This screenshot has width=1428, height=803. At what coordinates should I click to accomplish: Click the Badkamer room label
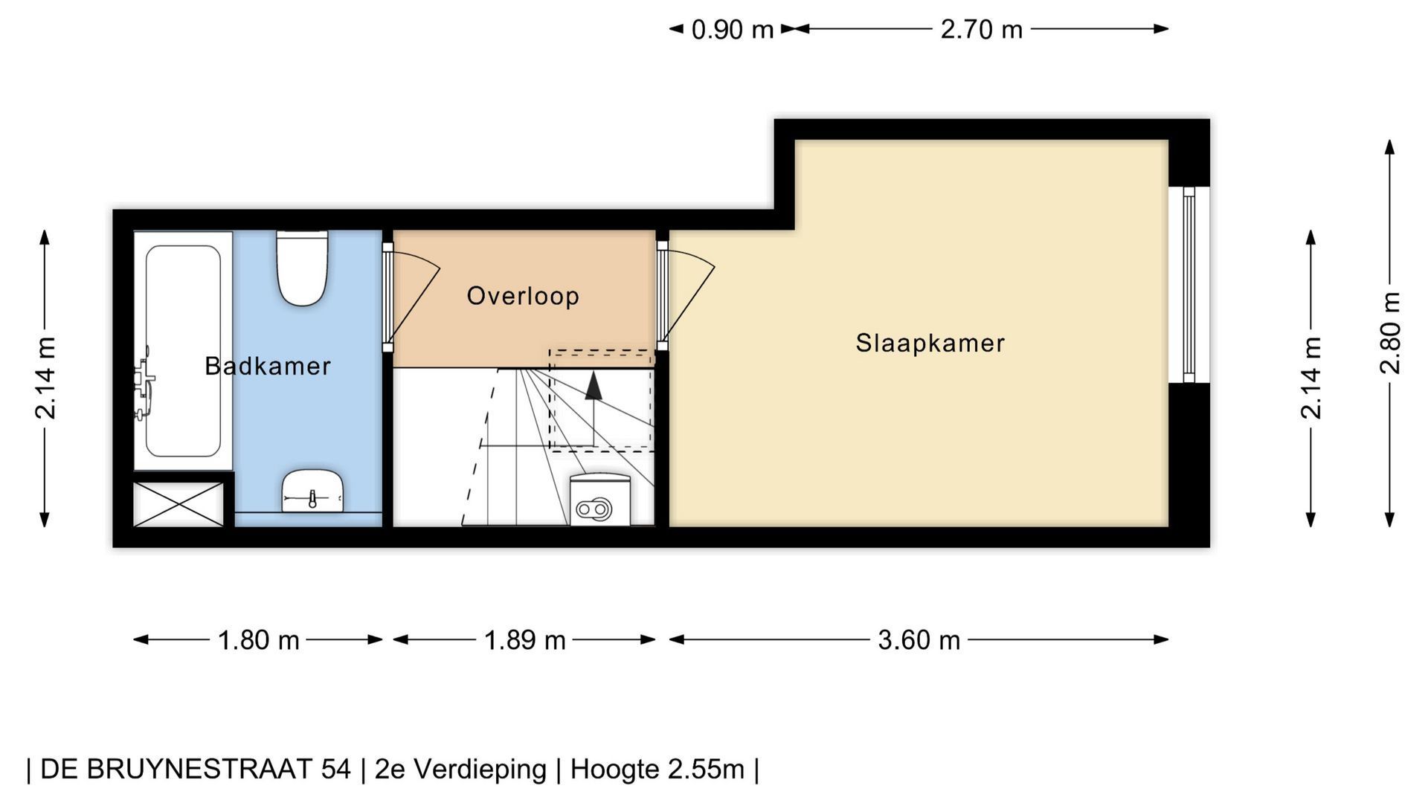(x=268, y=366)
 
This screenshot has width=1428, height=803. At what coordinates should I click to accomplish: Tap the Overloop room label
(x=523, y=296)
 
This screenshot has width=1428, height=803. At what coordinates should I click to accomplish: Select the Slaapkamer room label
(x=930, y=343)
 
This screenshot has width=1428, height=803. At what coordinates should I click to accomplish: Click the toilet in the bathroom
(x=302, y=268)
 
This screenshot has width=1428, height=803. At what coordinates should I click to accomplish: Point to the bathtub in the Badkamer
(x=183, y=351)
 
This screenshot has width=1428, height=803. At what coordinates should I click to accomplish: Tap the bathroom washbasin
(x=312, y=491)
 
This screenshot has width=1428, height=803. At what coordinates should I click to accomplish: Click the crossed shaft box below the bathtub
(x=178, y=504)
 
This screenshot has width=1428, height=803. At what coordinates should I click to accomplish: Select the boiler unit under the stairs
(x=600, y=500)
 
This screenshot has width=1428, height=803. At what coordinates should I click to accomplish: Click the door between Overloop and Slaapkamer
(x=684, y=296)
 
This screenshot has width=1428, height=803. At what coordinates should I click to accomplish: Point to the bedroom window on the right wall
(x=1189, y=285)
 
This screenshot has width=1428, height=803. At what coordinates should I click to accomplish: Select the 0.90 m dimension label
(x=733, y=30)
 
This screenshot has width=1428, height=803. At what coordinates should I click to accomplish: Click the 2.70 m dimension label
(x=981, y=30)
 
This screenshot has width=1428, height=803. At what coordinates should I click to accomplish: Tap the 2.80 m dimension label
(x=1390, y=332)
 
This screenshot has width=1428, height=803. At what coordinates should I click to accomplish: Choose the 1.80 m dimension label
(x=258, y=640)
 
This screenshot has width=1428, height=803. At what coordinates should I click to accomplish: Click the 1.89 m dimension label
(x=525, y=640)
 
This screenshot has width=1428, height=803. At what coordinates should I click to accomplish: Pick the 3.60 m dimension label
(x=919, y=640)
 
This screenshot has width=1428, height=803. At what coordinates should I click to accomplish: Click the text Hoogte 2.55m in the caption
(x=657, y=770)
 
